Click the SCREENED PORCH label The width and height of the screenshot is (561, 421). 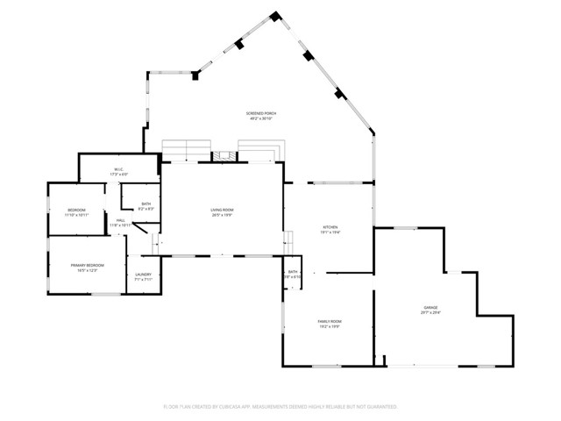pyautogui.click(x=262, y=113)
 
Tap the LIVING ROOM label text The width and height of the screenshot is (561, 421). pyautogui.click(x=221, y=210)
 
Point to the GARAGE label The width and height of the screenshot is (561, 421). pyautogui.click(x=430, y=307)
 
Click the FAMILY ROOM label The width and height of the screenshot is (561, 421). pyautogui.click(x=330, y=321)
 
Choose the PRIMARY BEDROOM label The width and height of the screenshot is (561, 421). pyautogui.click(x=88, y=265)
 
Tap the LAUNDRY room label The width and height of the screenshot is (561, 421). pyautogui.click(x=144, y=275)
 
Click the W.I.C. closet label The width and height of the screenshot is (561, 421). pyautogui.click(x=118, y=169)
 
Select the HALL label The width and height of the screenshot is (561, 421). pyautogui.click(x=119, y=220)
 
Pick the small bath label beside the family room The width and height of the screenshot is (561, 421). pyautogui.click(x=293, y=272)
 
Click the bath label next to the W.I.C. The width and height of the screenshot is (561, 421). pyautogui.click(x=146, y=203)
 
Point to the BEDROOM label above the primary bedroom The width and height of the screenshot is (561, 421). pyautogui.click(x=77, y=210)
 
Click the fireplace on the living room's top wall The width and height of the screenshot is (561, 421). pyautogui.click(x=224, y=156)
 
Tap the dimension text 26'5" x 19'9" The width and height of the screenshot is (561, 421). pyautogui.click(x=221, y=215)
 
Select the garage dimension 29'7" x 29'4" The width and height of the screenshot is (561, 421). pyautogui.click(x=430, y=312)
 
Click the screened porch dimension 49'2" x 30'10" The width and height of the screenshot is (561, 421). pyautogui.click(x=262, y=118)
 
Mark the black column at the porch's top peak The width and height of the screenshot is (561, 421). pyautogui.click(x=275, y=16)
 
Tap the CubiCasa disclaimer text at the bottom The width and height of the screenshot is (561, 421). pyautogui.click(x=280, y=407)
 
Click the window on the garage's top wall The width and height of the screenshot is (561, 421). pyautogui.click(x=405, y=229)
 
